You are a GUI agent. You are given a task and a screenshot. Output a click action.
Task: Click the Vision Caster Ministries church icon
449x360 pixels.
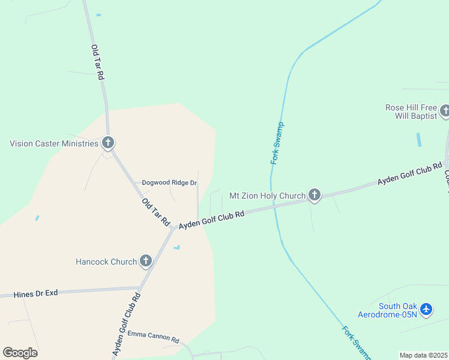[x=108, y=143]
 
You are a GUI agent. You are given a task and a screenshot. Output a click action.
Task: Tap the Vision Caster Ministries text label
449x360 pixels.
[x=53, y=143]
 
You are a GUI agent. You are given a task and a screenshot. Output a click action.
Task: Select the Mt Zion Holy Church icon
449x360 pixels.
[x=314, y=194]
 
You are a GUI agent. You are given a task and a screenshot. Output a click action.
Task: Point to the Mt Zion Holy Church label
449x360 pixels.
[x=268, y=196]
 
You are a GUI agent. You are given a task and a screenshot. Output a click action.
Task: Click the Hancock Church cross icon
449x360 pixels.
[x=145, y=260]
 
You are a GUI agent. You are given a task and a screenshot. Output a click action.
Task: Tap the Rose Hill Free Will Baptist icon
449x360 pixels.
[x=445, y=111]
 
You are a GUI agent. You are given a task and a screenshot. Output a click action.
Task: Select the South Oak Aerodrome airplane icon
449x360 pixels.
[x=426, y=309]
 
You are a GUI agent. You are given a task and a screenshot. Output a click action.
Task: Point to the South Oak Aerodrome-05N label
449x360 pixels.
[x=387, y=310]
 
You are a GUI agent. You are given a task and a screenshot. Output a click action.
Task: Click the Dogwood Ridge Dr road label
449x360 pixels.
[x=169, y=182]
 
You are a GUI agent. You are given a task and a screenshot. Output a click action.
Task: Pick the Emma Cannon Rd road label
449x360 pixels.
[x=153, y=340]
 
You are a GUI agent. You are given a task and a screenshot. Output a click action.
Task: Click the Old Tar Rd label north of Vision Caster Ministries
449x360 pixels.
[x=98, y=62]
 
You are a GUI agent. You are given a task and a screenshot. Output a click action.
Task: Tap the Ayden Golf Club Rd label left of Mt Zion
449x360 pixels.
[x=212, y=219]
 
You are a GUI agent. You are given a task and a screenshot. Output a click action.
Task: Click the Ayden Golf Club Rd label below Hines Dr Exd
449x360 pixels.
[x=126, y=324]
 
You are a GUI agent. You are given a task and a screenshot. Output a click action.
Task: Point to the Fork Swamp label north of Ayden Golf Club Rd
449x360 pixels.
[x=277, y=143]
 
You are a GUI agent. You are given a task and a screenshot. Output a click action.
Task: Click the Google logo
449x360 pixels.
[x=20, y=353]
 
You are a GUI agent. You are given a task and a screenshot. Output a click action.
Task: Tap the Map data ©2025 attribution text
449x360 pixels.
[x=424, y=355]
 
